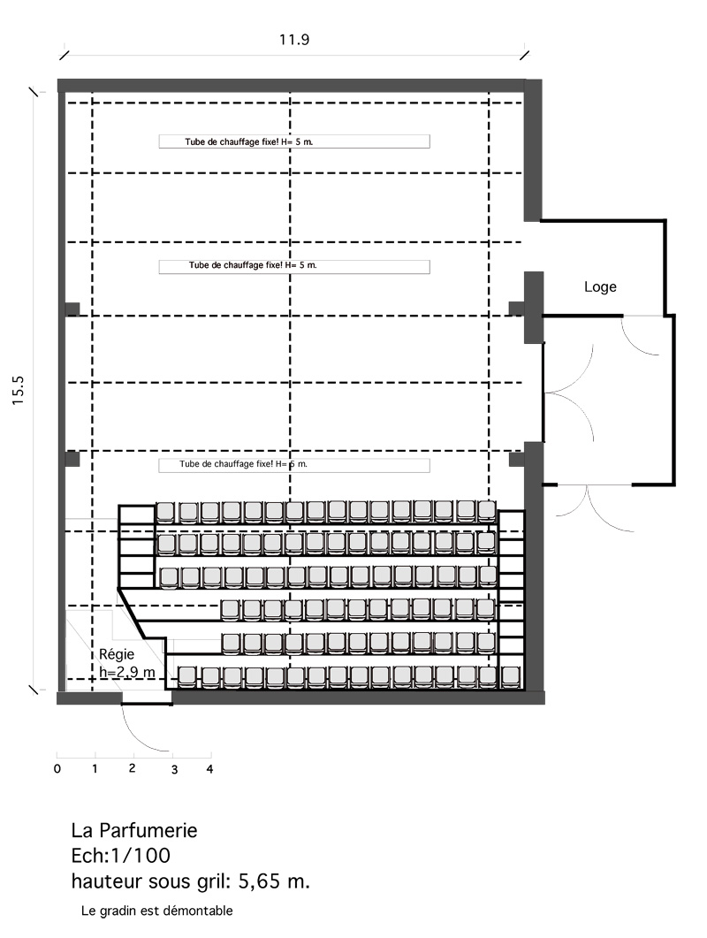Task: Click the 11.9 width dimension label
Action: (293, 40)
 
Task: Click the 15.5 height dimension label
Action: (18, 391)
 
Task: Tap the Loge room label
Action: (600, 286)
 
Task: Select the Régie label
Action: (117, 654)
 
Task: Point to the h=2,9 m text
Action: (127, 672)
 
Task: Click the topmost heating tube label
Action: (249, 141)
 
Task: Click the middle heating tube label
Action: (253, 265)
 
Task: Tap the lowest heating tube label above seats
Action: (243, 463)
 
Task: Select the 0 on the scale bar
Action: (57, 769)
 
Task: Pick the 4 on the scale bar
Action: (210, 769)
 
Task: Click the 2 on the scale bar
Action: (133, 768)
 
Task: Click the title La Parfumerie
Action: (134, 830)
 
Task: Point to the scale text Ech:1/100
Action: (121, 856)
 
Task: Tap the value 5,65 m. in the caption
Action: (274, 881)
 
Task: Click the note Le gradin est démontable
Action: (156, 911)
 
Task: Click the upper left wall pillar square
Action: (72, 309)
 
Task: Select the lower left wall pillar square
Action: (72, 459)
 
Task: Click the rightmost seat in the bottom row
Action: (510, 676)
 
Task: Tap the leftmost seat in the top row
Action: (165, 512)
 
